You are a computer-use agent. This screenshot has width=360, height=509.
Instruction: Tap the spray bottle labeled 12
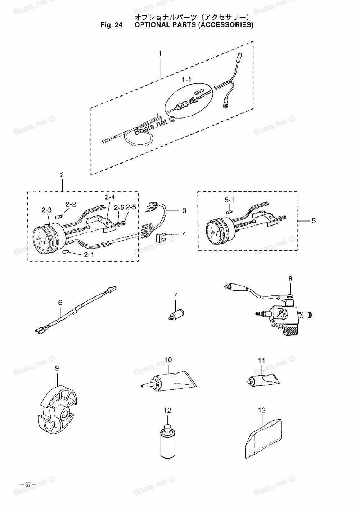coord(167,442)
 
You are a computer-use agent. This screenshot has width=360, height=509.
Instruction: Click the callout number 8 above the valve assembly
coord(290,278)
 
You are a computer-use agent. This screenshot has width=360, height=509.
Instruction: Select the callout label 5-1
coord(229,199)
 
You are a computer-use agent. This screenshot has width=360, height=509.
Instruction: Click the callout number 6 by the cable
coord(60,303)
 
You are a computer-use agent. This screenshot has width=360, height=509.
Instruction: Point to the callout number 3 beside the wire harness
coord(184,211)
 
